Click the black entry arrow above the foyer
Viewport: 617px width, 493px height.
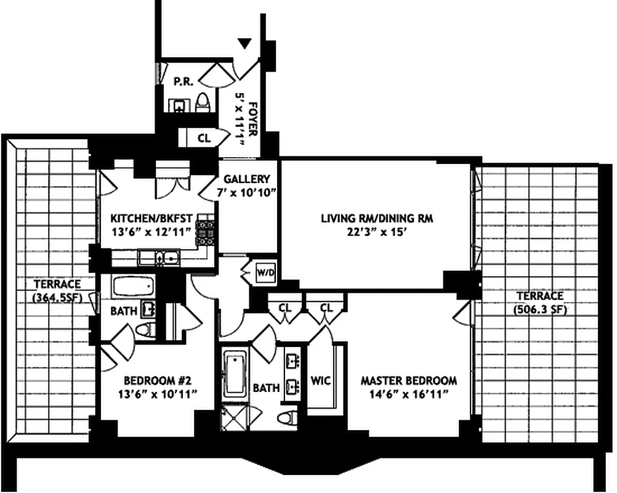[x=246, y=43]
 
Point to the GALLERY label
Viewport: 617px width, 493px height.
[x=246, y=179]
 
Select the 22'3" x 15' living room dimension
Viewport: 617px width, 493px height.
[x=373, y=232]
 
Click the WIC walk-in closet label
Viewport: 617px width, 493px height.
[x=321, y=380]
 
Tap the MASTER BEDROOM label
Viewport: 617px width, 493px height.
[x=408, y=380]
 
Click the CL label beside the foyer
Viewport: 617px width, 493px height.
[x=204, y=139]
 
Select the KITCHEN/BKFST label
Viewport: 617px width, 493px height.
[x=152, y=218]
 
